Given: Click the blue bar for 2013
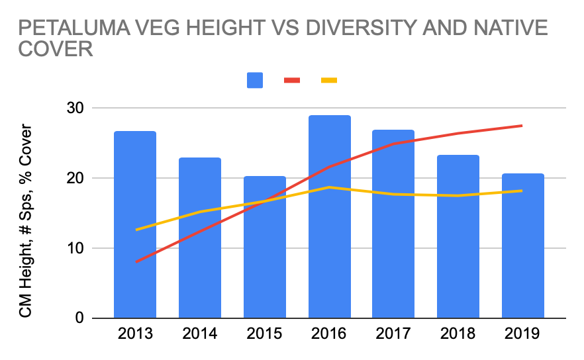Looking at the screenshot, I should click(x=135, y=225).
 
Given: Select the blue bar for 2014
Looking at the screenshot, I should click(x=199, y=238).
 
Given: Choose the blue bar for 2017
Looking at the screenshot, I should click(x=393, y=224).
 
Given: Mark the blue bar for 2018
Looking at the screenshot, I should click(x=458, y=236).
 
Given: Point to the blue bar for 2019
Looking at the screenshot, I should click(x=522, y=246).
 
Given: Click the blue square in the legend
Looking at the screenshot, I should click(x=255, y=80).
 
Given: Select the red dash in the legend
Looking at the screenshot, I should click(x=292, y=80).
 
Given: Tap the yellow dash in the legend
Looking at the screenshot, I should click(x=329, y=80).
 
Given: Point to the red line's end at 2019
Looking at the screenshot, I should click(x=522, y=126).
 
